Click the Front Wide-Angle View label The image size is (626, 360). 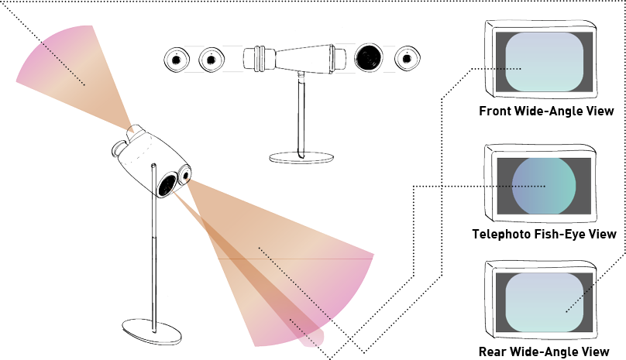546,111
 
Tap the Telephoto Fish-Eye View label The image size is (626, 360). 544,234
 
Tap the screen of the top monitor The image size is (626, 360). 544,63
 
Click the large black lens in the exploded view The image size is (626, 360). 370,57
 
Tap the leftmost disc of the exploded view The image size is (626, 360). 177,59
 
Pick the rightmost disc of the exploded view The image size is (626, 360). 407,58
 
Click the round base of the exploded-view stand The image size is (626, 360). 301,157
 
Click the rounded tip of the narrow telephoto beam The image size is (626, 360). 316,336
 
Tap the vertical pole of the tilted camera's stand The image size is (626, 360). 155,263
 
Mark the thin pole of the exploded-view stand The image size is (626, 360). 301,116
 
